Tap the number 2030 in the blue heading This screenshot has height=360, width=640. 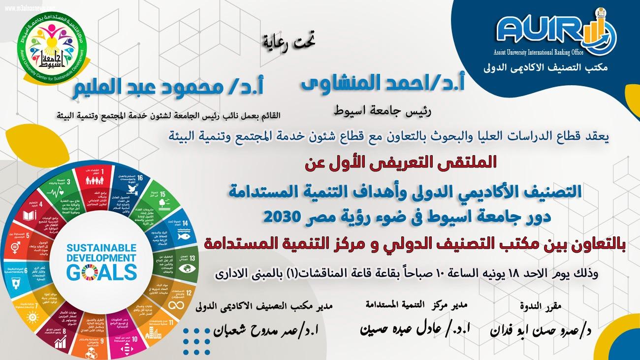click(x=286, y=216)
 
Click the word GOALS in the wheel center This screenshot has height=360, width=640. click(x=101, y=271)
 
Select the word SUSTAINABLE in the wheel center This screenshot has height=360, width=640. click(x=101, y=247)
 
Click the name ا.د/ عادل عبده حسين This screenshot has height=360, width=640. click(x=416, y=329)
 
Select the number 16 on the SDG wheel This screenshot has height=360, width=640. click(x=141, y=178)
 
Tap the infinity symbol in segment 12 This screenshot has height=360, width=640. click(x=175, y=306)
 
